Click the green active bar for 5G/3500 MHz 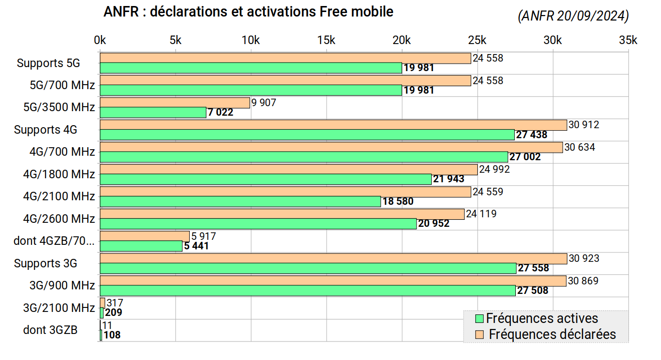pos(153,112)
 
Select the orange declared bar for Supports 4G pos(333,125)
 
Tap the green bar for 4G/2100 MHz pos(240,201)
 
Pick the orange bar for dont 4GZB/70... pos(145,236)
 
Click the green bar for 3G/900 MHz pos(307,290)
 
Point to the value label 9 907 pos(264,103)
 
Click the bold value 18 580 pos(398,202)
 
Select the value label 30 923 pos(584,258)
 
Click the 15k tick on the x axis pos(326,41)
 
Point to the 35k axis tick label pos(628,41)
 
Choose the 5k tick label pos(175,41)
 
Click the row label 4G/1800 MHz pos(59,174)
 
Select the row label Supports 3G pos(46,263)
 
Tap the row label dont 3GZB pos(50,329)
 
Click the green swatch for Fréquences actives pos(479,318)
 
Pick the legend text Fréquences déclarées pos(552,334)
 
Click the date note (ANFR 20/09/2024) pos(573,17)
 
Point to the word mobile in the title pos(371,12)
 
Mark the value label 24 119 pos(481,214)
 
